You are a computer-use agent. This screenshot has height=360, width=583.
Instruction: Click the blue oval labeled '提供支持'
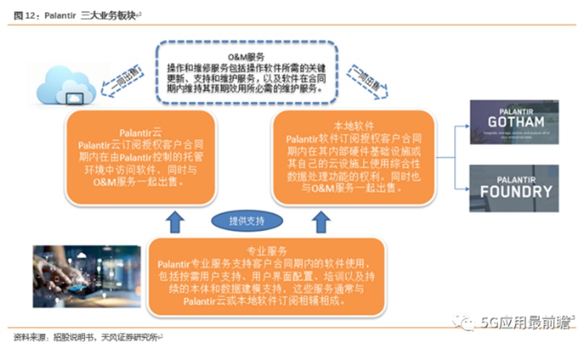point(238,219)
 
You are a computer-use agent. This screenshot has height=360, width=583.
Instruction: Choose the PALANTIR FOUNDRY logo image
point(515,186)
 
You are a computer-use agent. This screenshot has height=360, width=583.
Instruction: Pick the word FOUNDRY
point(516,192)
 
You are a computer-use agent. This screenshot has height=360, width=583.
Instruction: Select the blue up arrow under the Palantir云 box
point(173,221)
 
